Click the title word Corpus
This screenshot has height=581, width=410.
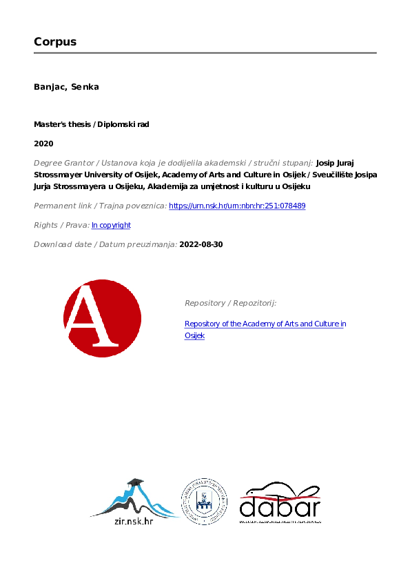(55, 41)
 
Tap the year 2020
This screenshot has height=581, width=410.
(43, 144)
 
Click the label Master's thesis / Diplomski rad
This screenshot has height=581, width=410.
(92, 124)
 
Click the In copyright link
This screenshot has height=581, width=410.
(111, 225)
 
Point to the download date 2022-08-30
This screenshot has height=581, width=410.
(201, 244)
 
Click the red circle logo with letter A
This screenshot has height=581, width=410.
(102, 318)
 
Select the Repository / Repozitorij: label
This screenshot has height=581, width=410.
(230, 303)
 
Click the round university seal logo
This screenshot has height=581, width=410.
(204, 501)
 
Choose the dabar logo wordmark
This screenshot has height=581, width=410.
(280, 506)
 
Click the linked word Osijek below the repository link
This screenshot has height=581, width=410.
(194, 335)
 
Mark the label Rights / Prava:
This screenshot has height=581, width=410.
(61, 225)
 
